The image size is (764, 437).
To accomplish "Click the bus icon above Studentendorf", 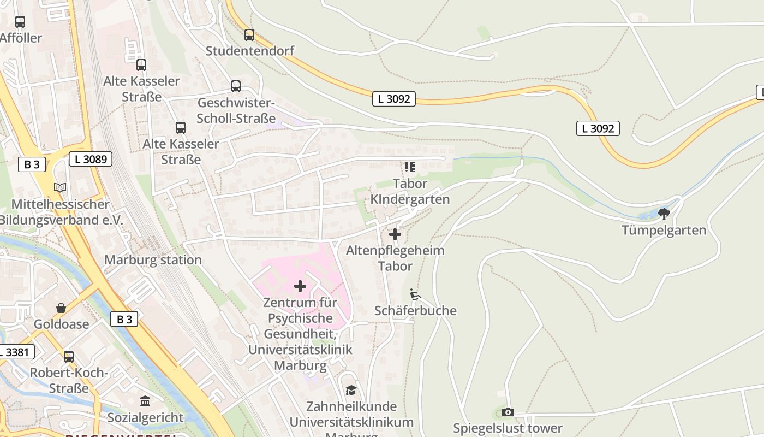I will (x=249, y=35).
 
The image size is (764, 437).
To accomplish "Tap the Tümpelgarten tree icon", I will (x=664, y=214).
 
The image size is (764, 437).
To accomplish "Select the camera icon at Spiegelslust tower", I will (x=508, y=412).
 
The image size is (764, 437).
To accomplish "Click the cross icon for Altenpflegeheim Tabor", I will (x=395, y=235).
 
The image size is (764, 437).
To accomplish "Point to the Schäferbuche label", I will (x=415, y=311).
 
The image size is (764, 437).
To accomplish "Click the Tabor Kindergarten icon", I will (x=409, y=167).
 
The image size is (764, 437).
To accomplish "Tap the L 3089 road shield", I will (x=91, y=160).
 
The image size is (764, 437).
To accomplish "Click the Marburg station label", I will (x=153, y=260).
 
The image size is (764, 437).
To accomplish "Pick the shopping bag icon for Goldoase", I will (x=61, y=308).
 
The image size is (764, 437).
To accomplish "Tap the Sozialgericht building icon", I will (x=145, y=402).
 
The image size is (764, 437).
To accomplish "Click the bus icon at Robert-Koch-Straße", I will (x=69, y=357).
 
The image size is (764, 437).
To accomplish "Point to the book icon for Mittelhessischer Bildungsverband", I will (x=60, y=188).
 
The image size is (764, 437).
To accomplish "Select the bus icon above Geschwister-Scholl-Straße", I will (x=236, y=86).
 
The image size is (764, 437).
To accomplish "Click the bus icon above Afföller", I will (x=20, y=22).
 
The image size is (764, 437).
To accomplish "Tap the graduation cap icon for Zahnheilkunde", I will (x=351, y=390).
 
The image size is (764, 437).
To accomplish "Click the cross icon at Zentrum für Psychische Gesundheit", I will (x=300, y=286).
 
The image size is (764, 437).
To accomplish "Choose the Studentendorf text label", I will (x=250, y=51).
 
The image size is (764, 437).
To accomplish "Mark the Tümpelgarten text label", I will (x=664, y=230).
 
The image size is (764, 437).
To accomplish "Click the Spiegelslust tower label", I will (x=508, y=428).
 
